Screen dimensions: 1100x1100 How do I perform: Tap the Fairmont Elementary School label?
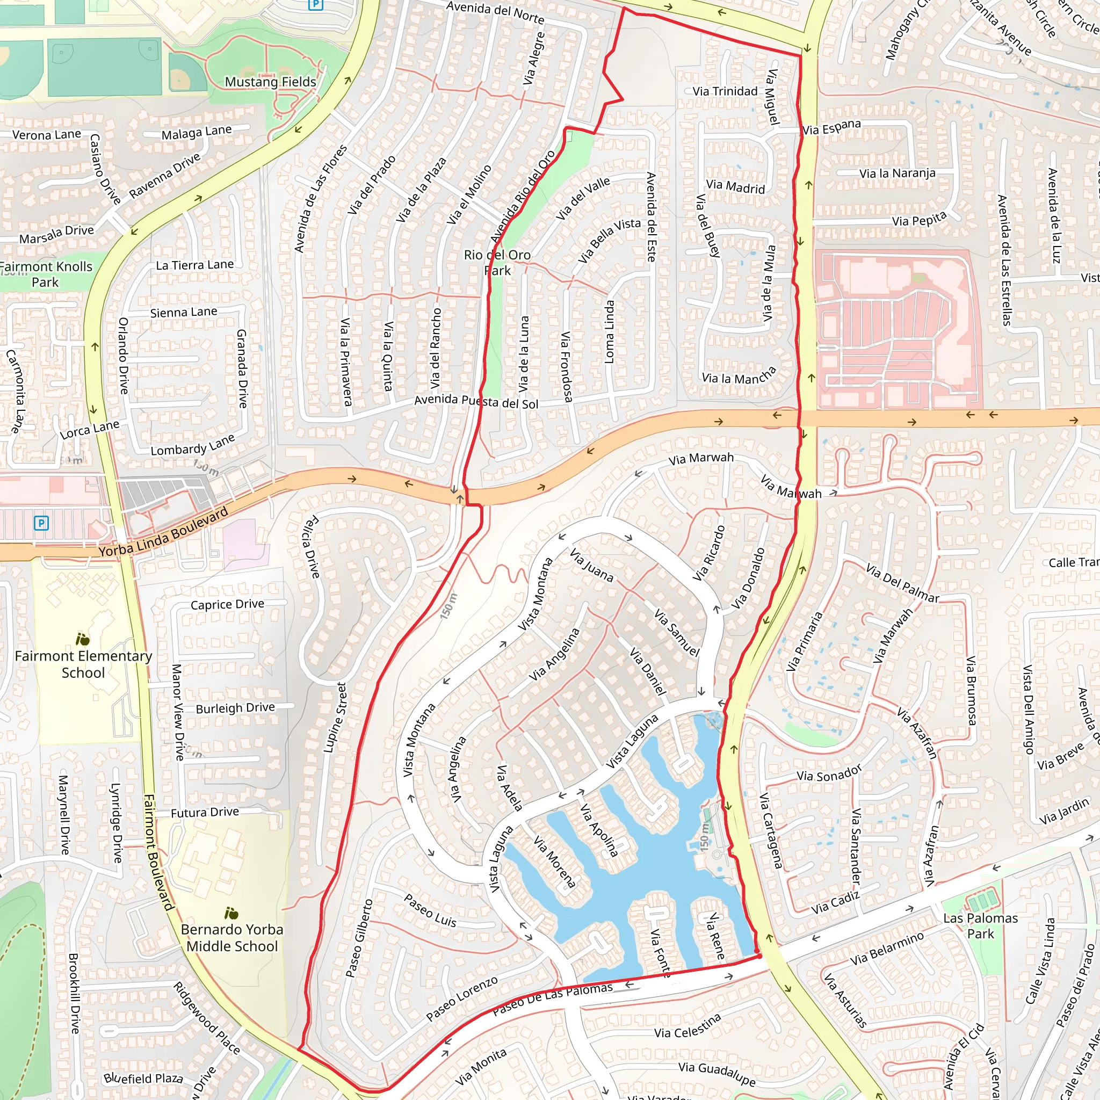(83, 664)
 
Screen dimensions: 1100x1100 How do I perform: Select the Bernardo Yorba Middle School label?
(231, 937)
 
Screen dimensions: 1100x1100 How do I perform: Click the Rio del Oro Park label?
(497, 263)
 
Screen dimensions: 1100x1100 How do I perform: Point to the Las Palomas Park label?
(980, 925)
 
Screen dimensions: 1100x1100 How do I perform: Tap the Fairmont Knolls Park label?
(46, 274)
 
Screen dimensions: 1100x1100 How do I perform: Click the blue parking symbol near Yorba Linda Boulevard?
(41, 523)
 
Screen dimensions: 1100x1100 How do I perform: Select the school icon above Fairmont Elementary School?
(83, 639)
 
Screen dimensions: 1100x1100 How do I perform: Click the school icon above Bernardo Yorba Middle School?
(231, 913)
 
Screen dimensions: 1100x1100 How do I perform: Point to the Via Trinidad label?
(725, 91)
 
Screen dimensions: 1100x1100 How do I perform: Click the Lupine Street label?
(335, 718)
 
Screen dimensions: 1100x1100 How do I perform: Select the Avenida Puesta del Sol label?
(476, 401)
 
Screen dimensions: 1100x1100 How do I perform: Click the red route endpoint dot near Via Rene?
(759, 956)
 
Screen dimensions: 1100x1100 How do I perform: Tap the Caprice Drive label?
(227, 604)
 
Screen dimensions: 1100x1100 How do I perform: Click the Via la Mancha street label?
(739, 377)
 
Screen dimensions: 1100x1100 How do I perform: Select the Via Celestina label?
(687, 1026)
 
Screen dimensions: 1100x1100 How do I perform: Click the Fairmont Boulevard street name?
(158, 852)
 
